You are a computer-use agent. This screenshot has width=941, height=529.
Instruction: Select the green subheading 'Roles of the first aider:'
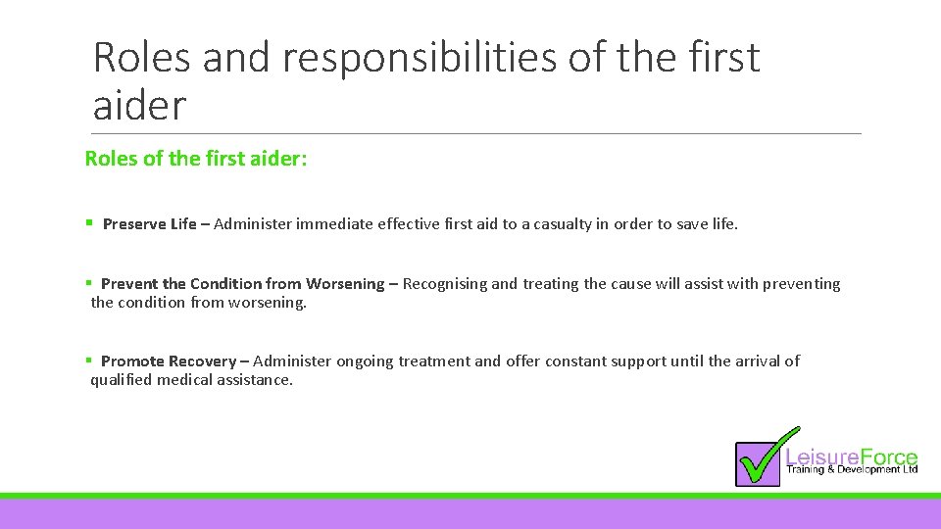196,159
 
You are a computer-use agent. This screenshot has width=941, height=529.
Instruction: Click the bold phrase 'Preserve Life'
150,224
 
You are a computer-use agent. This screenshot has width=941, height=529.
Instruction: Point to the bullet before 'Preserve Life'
90,224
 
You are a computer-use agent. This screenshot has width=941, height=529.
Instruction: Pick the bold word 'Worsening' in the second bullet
345,284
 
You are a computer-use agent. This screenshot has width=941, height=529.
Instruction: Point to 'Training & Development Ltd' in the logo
852,470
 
